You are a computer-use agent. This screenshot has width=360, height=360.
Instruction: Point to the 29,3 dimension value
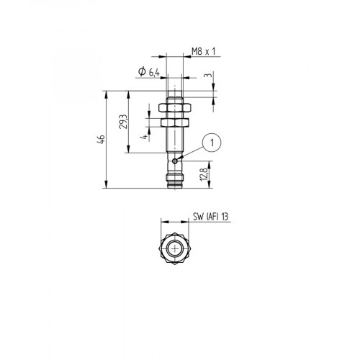[123, 122]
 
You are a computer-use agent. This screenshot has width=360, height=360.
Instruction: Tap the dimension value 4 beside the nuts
[145, 135]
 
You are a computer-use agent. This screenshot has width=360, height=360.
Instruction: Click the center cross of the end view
[174, 249]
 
